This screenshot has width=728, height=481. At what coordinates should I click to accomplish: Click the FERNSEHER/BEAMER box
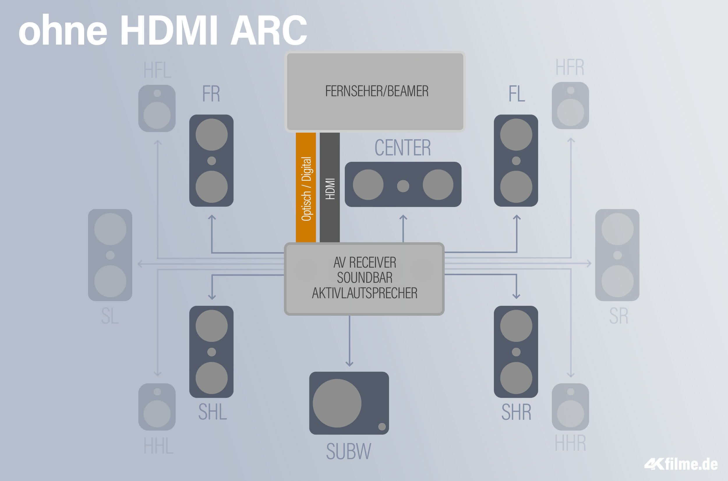click(375, 92)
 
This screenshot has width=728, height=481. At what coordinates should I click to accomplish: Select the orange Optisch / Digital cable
click(306, 187)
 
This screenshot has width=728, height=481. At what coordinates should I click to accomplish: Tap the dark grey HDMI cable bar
click(330, 187)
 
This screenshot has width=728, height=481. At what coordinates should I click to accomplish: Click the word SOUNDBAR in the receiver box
click(365, 278)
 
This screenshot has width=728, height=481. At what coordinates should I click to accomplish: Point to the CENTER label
click(403, 148)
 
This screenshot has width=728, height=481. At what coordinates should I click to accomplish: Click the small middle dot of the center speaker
click(403, 186)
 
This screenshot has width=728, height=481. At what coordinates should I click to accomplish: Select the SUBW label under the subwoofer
click(349, 451)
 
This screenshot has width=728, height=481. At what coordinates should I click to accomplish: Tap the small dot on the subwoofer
click(382, 426)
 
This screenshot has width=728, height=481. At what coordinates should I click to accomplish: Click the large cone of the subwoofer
click(337, 403)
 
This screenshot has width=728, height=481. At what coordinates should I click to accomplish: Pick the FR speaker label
click(211, 94)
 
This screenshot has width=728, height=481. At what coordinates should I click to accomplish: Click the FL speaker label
click(517, 94)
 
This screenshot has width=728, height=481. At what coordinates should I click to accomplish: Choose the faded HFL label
click(157, 70)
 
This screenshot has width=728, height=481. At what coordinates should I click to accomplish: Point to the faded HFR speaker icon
click(570, 105)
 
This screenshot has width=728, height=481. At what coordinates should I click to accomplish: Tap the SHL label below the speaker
click(212, 412)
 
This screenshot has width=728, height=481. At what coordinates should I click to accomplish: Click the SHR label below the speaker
click(516, 412)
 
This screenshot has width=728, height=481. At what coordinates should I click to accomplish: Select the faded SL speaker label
click(110, 316)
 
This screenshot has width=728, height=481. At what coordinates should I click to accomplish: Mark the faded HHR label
click(570, 443)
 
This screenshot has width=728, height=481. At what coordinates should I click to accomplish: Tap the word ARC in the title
click(268, 30)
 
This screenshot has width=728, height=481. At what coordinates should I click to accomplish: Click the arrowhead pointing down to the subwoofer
click(349, 364)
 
